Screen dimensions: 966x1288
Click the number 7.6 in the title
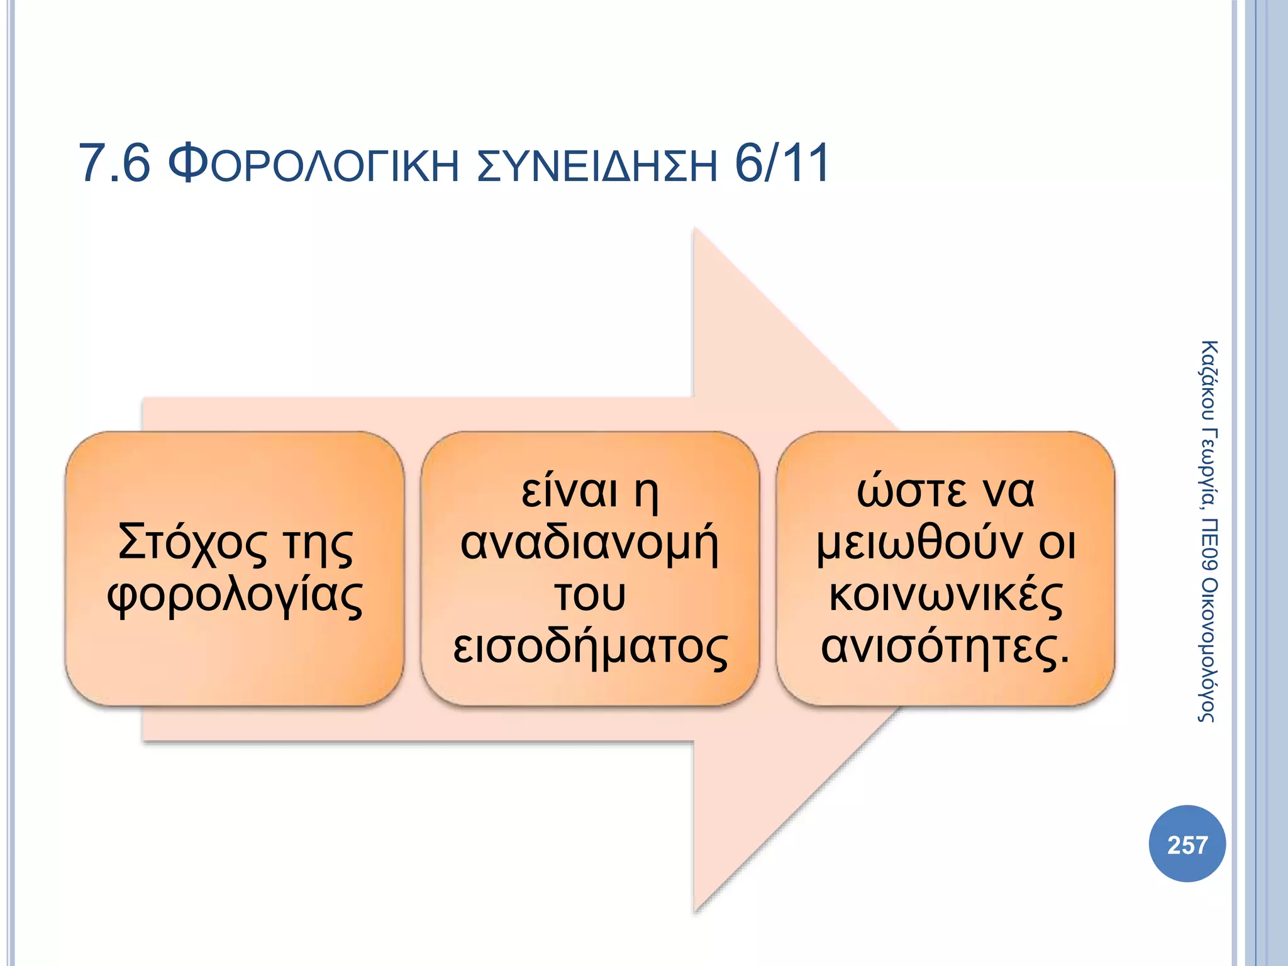coord(114,164)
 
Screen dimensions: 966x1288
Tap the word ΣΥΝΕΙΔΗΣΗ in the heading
coord(597,165)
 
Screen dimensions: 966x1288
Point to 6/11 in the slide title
coord(782,164)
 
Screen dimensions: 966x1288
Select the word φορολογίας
coord(235,596)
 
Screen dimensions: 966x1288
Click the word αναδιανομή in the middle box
coord(589,543)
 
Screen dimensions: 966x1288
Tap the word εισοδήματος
coord(590,648)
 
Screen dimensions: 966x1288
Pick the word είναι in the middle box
coord(569,491)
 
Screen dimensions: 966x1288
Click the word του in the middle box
coord(590,596)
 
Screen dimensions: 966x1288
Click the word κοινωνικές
coord(945,596)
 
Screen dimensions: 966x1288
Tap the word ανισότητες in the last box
coord(940,648)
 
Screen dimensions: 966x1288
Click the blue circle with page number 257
coord(1187,844)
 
